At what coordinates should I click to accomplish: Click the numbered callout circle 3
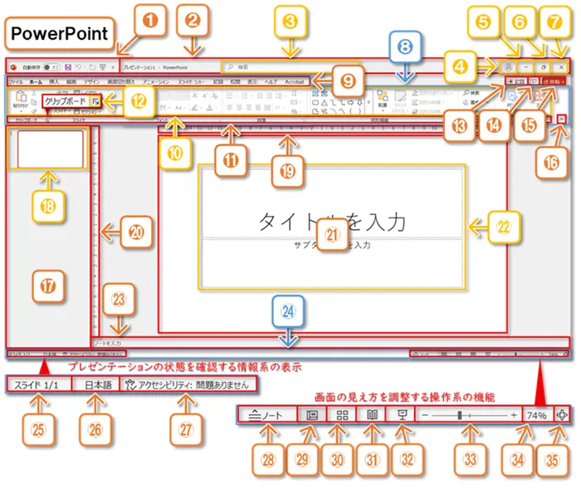tap(289, 24)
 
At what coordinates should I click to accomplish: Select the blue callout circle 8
tap(404, 49)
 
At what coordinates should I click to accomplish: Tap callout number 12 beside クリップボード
tap(116, 101)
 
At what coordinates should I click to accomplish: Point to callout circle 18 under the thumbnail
tap(50, 202)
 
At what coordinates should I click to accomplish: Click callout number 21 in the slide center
tap(332, 236)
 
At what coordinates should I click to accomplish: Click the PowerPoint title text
tap(60, 33)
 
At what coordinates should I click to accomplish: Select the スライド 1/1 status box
tap(38, 385)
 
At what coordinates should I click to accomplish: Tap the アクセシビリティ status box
tap(188, 385)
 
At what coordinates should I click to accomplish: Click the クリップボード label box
tap(65, 100)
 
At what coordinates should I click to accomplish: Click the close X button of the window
tap(563, 66)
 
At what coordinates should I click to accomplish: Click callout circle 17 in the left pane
tap(48, 285)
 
